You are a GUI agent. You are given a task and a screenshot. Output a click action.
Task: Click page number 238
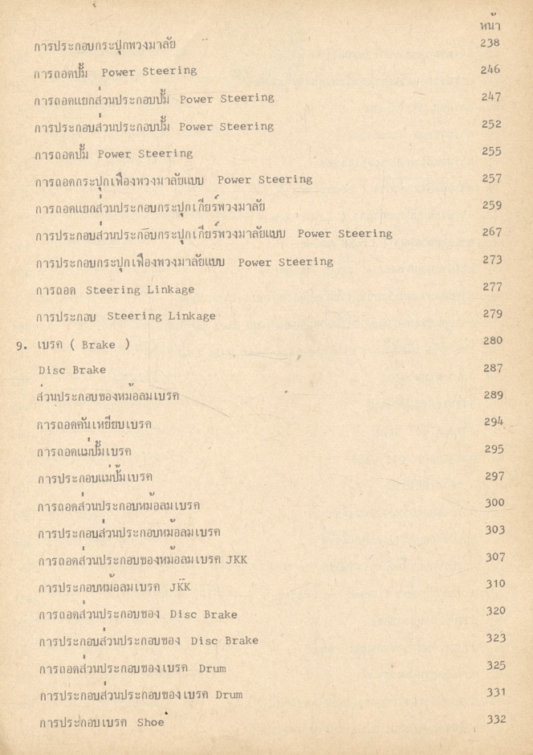491,43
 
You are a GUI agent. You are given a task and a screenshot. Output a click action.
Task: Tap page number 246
491,70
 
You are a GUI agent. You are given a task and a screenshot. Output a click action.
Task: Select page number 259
492,205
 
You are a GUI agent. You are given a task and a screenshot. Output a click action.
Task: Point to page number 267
492,232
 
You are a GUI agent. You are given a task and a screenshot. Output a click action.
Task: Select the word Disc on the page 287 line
51,371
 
